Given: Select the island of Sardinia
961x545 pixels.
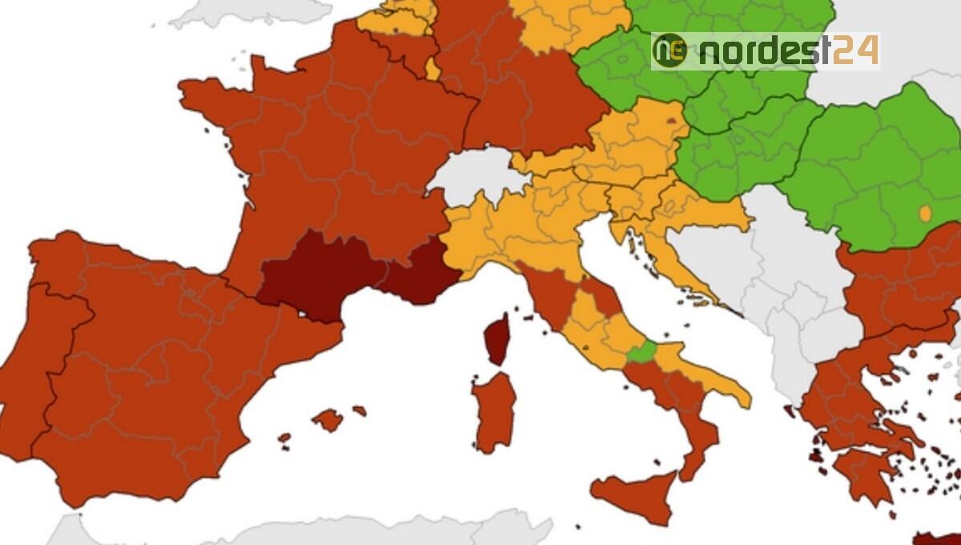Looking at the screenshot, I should click(493, 411).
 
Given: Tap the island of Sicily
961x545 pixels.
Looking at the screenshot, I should click(637, 495).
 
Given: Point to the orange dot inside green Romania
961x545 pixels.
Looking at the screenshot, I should click(925, 214).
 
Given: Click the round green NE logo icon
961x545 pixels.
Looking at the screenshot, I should click(669, 51).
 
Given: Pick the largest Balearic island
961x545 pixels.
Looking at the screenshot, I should click(328, 419).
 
